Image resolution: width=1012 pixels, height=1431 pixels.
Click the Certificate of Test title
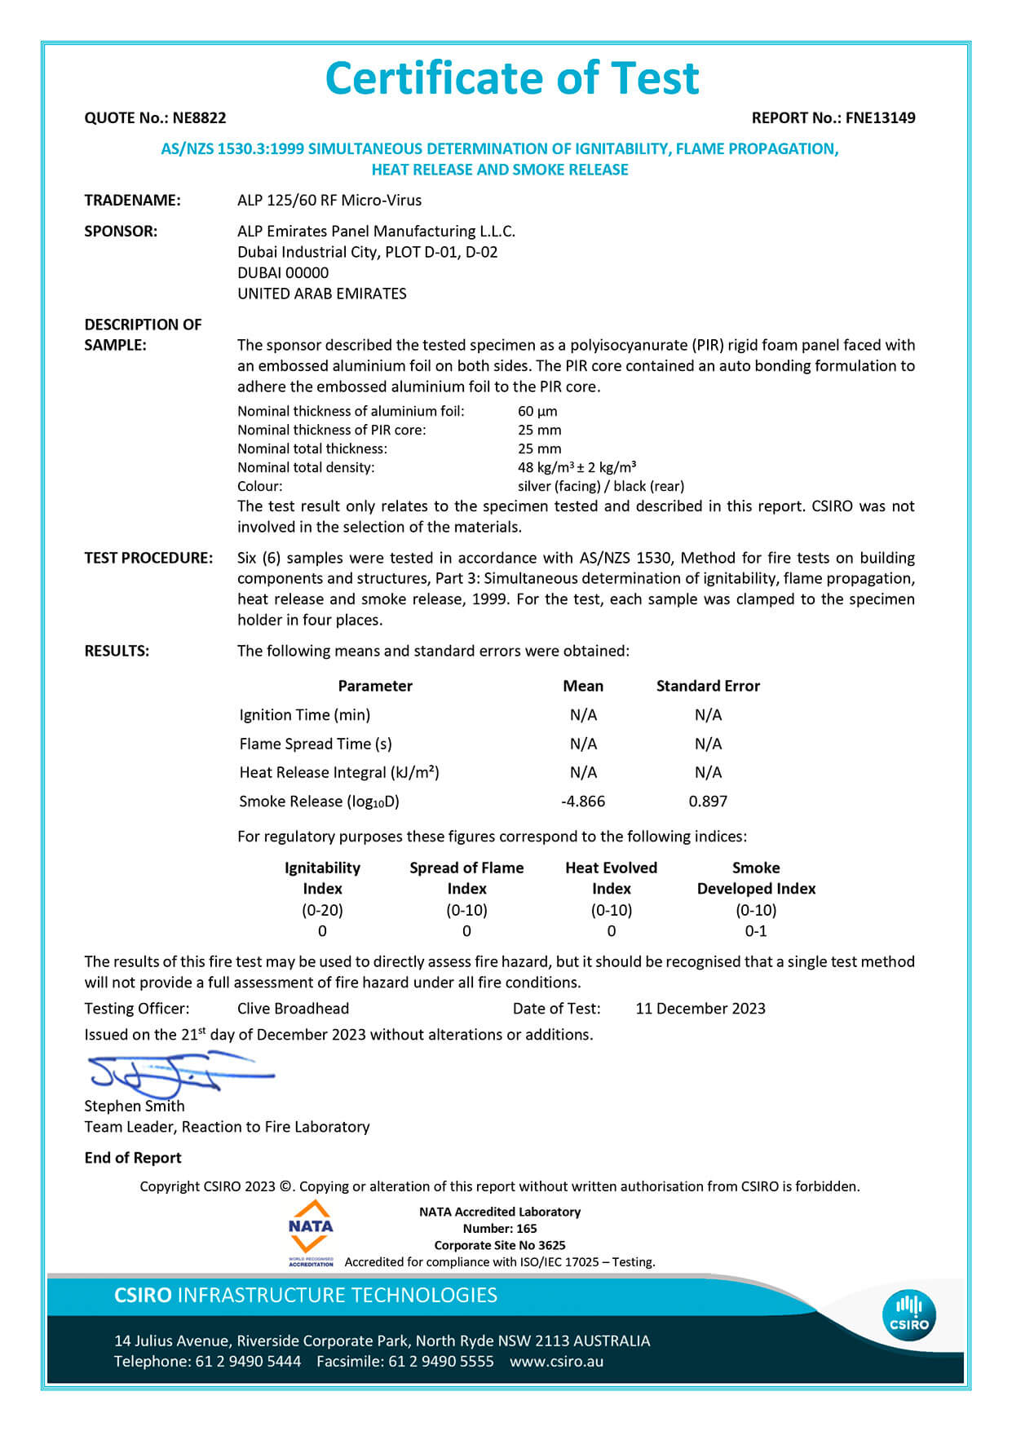click(512, 79)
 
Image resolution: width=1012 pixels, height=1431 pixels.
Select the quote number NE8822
click(199, 118)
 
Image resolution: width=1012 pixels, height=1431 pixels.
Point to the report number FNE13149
click(880, 118)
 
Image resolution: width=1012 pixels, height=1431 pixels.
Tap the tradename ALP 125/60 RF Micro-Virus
click(329, 201)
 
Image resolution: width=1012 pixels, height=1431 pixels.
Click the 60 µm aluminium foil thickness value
click(537, 412)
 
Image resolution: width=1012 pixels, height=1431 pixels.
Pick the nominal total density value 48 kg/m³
click(577, 468)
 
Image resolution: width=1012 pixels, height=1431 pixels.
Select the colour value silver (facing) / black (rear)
click(601, 487)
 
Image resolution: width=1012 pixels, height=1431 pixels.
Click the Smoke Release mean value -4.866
click(583, 802)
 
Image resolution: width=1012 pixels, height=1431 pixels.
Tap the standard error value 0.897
click(708, 802)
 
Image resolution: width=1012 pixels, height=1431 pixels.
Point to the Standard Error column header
click(708, 687)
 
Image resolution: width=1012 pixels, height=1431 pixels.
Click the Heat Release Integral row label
click(339, 773)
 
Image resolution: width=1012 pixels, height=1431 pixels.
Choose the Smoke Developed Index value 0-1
click(756, 931)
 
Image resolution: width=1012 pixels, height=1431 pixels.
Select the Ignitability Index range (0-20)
click(322, 910)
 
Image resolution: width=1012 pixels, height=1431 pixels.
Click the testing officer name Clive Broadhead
click(293, 1009)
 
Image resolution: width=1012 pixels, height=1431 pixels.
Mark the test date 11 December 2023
click(700, 1009)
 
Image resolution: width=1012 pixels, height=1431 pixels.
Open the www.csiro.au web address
click(557, 1361)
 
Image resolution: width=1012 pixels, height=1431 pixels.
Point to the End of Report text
click(133, 1158)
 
